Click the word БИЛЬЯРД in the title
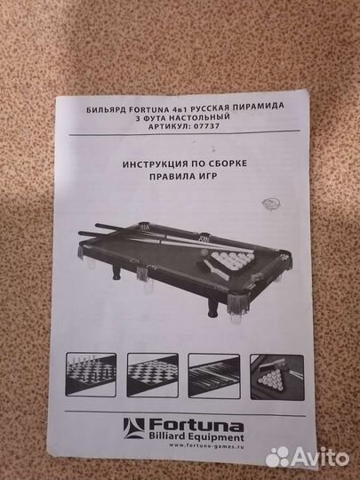[x=102, y=107]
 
